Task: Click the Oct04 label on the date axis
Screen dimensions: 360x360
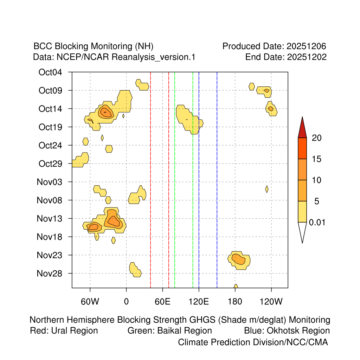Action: point(50,72)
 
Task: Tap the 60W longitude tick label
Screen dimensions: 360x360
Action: point(90,301)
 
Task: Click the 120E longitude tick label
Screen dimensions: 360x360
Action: point(199,301)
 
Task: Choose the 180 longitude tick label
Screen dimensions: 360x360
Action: point(235,301)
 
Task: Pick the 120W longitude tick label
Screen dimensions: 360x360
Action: point(271,301)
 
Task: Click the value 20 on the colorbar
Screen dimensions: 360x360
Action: point(317,138)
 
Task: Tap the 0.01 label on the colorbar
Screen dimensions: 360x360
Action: point(317,223)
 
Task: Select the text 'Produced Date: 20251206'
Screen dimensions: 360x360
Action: point(274,46)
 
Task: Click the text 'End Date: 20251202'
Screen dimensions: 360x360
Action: point(286,57)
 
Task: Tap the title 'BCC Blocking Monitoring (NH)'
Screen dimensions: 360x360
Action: point(93,46)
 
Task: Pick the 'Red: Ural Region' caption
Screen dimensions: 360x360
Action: point(64,330)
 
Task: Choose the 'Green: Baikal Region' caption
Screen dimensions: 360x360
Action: point(169,330)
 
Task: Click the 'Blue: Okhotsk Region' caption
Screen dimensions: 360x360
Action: point(287,330)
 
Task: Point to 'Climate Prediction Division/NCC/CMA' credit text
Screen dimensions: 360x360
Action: point(253,342)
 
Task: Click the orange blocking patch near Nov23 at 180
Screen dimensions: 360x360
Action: point(239,260)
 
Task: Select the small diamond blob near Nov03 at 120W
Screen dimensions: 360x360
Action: point(267,189)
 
